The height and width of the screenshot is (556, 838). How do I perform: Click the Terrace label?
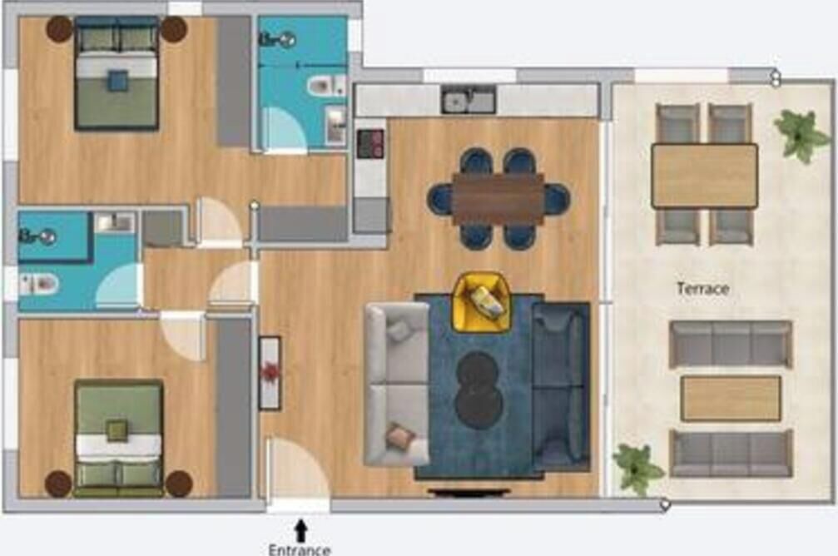703,289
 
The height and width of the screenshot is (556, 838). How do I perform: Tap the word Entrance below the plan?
300,549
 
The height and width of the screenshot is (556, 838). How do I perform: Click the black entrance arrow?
301,530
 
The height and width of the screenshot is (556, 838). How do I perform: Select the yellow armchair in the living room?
480,302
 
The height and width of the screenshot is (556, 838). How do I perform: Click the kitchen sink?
469,100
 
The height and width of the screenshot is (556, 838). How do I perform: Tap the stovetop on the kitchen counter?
370,144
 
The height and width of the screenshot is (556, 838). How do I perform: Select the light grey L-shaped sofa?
397,384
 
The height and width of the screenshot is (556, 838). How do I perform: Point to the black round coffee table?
479,389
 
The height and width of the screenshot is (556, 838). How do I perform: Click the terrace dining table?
704,176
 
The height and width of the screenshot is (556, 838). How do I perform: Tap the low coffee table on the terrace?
731,399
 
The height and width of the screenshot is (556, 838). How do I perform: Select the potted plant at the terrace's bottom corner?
636,469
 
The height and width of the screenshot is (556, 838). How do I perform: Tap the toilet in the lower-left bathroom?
37,283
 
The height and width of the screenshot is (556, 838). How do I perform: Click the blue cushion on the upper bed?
118,81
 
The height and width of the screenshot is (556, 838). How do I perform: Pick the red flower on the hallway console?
270,372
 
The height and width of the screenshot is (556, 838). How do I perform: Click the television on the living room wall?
469,491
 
